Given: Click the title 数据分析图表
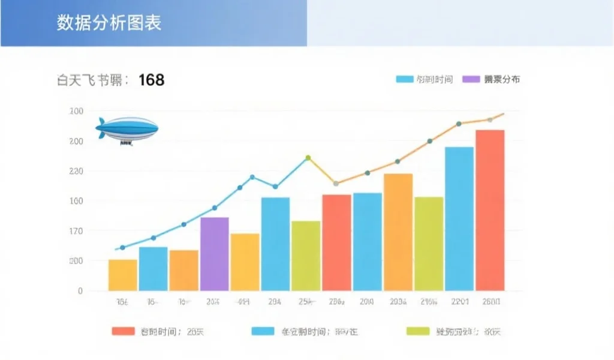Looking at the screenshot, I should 109,23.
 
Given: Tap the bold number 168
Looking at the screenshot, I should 151,80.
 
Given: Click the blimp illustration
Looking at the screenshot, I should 127,130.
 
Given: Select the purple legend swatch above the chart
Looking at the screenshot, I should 471,79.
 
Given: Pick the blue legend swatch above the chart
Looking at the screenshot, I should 405,79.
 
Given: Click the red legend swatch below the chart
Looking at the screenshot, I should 123,331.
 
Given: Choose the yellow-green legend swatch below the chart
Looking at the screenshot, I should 418,331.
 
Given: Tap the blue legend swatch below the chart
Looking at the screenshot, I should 263,331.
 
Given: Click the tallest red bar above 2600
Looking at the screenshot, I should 490,210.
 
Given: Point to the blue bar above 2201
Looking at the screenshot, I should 459,218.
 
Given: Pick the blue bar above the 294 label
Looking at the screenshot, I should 275,244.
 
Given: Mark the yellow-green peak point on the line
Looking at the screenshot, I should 308,158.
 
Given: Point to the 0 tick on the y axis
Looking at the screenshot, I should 80,291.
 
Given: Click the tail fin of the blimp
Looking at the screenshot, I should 101,127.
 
